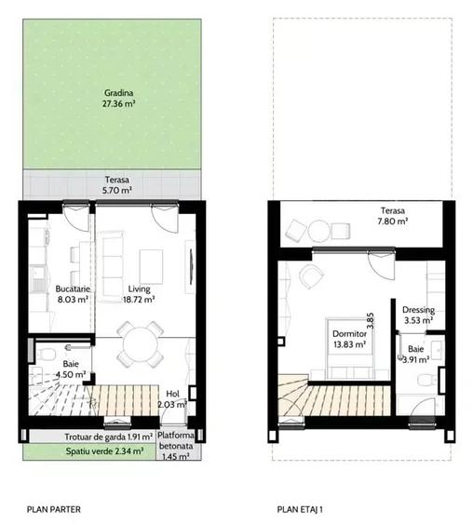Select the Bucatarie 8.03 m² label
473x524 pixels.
[x=72, y=294]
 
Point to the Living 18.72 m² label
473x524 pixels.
[x=141, y=294]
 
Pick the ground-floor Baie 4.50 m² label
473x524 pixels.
[x=71, y=369]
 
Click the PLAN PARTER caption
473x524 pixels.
[x=54, y=509]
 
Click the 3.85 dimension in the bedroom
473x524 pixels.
[x=371, y=321]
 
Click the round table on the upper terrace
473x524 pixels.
[x=319, y=230]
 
